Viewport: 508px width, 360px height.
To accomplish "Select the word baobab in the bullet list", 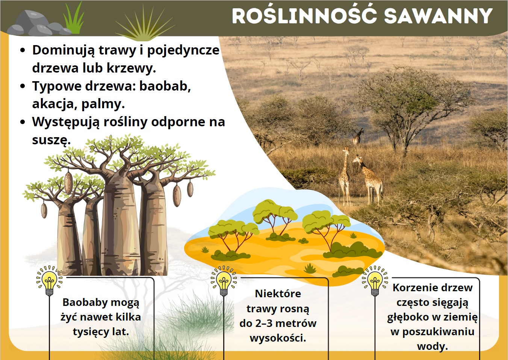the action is (165, 86).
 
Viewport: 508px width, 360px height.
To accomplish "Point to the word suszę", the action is (51, 140).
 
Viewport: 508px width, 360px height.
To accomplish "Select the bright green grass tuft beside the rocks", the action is (73, 18).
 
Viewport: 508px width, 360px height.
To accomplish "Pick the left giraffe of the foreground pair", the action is (345, 176).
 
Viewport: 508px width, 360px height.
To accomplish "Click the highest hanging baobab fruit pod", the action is (68, 183).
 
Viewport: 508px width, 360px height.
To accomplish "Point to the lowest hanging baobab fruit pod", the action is (44, 210).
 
